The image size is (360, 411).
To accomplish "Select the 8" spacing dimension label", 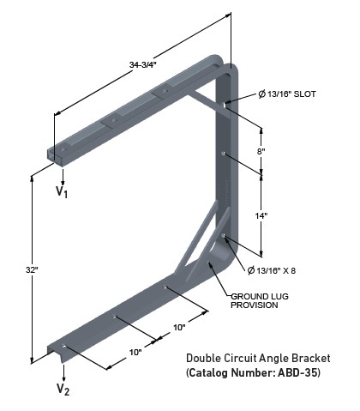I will pos(261,150).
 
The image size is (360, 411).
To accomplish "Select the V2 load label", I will pos(63,389).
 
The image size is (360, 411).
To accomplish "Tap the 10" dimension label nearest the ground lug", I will pos(179,328).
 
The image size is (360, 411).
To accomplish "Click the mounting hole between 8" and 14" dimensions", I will pos(224,155).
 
